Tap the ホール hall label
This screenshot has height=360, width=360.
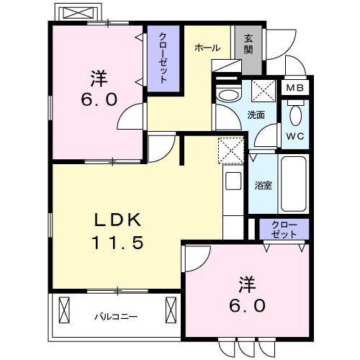pos(207,48)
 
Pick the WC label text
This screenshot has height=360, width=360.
pos(294,135)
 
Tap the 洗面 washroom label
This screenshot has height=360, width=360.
pos(256,114)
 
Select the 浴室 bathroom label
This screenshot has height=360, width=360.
pos(264,185)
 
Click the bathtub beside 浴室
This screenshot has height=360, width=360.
pos(292,184)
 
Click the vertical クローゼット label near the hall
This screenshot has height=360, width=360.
pos(163,58)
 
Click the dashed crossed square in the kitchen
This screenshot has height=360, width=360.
pos(232,151)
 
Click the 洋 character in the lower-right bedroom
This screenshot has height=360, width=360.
pos(248,281)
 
